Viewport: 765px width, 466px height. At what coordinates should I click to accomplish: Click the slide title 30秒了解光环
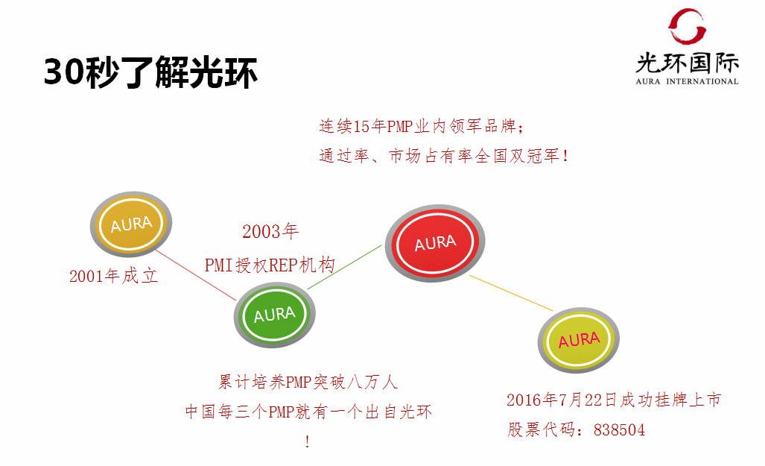[x=151, y=73]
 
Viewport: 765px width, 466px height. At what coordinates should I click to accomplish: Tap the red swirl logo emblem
[x=686, y=27]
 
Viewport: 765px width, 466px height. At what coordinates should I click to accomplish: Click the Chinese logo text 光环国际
[x=687, y=62]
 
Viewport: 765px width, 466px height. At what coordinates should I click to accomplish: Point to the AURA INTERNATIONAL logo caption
[x=687, y=81]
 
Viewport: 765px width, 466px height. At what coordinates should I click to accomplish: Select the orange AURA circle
[x=131, y=223]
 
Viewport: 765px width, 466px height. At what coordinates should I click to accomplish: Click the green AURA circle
[x=274, y=315]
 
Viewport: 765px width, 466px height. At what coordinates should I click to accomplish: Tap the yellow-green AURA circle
[x=579, y=341]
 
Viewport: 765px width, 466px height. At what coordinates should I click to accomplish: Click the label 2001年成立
[x=114, y=276]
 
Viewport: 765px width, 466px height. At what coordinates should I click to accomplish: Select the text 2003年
[x=270, y=231]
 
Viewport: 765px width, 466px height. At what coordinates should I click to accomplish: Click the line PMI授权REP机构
[x=270, y=265]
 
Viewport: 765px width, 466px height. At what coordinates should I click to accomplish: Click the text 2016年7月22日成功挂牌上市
[x=614, y=400]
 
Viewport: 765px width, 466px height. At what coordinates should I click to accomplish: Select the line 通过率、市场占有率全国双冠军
[x=444, y=157]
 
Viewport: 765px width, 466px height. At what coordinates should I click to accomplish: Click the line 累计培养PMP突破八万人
[x=308, y=382]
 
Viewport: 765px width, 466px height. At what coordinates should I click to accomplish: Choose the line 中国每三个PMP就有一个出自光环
[x=308, y=412]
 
